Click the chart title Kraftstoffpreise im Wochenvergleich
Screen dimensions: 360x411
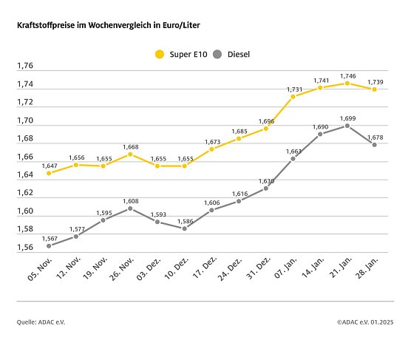(x=108, y=25)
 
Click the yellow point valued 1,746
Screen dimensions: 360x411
(x=347, y=83)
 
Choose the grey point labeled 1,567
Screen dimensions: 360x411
(x=49, y=245)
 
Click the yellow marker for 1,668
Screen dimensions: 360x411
(x=130, y=154)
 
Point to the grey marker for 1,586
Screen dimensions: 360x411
(x=184, y=228)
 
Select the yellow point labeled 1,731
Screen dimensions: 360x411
(x=293, y=96)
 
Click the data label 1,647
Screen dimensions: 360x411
(x=49, y=164)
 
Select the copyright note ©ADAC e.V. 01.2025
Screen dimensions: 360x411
(x=366, y=322)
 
